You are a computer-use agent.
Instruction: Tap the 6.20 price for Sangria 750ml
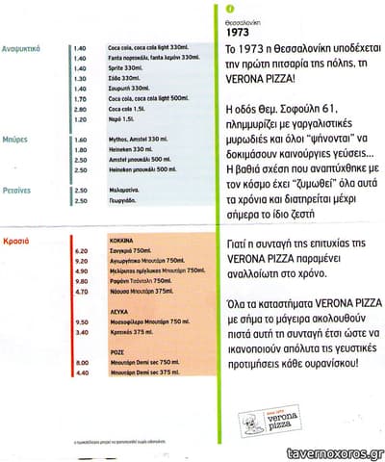tap(81, 250)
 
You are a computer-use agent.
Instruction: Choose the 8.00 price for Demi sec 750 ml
tap(81, 363)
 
